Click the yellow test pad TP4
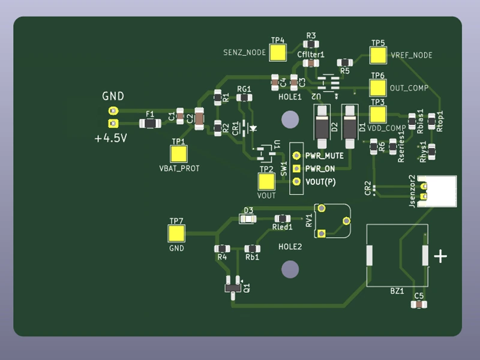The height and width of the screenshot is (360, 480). tap(278, 53)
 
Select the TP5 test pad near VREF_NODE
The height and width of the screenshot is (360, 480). tap(378, 55)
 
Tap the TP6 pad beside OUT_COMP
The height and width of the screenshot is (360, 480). tap(377, 88)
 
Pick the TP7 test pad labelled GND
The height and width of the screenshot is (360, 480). tap(177, 233)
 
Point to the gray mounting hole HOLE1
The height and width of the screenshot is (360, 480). tap(290, 119)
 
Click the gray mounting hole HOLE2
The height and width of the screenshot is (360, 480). tap(290, 270)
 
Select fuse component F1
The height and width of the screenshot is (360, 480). tap(149, 124)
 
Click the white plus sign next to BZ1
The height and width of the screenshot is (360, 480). tap(440, 257)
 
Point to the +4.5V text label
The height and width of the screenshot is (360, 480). tap(110, 139)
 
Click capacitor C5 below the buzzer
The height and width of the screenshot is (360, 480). tap(419, 305)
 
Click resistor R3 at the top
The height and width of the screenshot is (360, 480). tap(311, 44)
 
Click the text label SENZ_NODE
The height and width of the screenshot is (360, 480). tap(244, 53)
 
